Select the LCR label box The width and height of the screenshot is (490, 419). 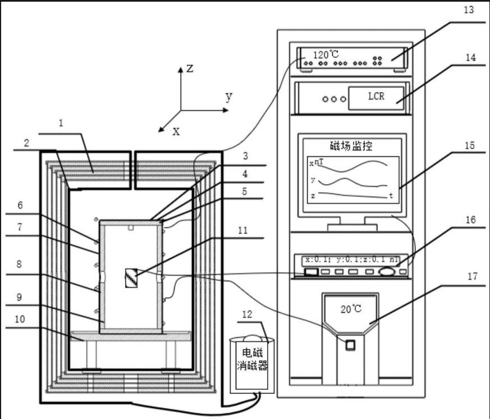point(376,97)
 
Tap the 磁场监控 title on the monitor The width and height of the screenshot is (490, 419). point(352,147)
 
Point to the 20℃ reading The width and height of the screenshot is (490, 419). point(349,308)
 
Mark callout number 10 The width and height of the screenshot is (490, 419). point(20,319)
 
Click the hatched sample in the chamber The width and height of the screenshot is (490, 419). point(131,277)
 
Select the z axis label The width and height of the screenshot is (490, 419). point(190,69)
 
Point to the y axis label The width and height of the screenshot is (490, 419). point(228,97)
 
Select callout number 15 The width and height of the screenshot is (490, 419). point(469,146)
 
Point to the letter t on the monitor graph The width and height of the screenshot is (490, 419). point(391,195)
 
